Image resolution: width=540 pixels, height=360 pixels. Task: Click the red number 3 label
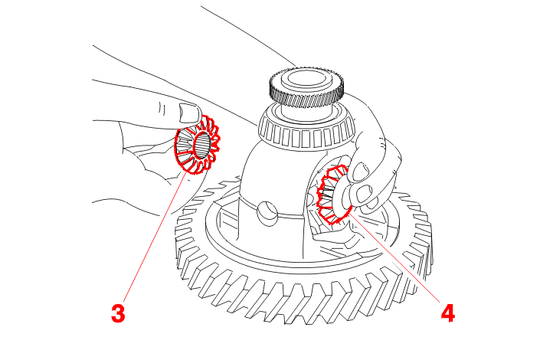117,313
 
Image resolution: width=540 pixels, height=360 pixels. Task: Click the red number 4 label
447,313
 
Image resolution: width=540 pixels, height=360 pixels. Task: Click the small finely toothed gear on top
307,90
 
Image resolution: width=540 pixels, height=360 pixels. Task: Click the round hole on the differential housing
267,211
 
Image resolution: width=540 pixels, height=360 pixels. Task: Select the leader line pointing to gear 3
153,237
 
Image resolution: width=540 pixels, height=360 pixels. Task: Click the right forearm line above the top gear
253,34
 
